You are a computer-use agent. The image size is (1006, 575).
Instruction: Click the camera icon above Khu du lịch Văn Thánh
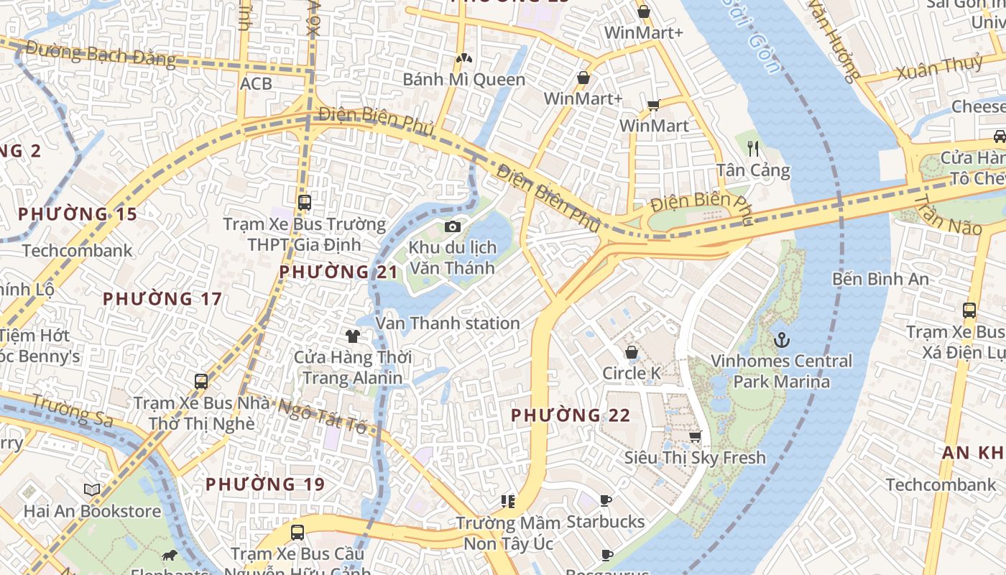(x=452, y=227)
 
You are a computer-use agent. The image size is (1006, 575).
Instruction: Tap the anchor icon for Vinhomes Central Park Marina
(x=781, y=339)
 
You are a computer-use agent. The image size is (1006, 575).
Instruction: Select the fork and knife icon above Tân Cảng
(x=753, y=149)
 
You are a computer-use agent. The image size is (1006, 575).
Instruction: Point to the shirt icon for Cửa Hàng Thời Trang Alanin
(x=352, y=336)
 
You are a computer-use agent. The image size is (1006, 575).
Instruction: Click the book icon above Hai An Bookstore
(x=92, y=490)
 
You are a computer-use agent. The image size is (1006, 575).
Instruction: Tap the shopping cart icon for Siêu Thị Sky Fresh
(x=695, y=436)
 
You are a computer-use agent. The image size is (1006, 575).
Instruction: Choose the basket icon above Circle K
(x=632, y=352)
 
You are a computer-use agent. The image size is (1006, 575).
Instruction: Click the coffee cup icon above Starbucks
(x=606, y=500)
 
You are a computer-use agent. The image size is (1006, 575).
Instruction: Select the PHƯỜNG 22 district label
(x=571, y=415)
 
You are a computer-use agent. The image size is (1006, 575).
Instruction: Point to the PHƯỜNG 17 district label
(x=162, y=299)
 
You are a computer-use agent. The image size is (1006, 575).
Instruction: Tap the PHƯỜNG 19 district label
(x=265, y=484)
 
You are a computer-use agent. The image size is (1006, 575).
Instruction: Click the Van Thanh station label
(x=448, y=323)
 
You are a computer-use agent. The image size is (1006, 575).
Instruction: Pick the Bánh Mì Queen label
(x=463, y=79)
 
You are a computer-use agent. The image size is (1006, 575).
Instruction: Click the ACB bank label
(x=256, y=83)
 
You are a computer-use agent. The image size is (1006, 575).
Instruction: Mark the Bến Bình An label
(x=880, y=279)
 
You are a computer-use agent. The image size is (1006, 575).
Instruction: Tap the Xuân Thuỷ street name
(x=939, y=68)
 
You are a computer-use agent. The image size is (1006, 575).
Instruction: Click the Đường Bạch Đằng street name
(x=101, y=54)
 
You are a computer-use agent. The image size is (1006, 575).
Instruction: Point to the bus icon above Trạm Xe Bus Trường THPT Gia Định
(x=305, y=202)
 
